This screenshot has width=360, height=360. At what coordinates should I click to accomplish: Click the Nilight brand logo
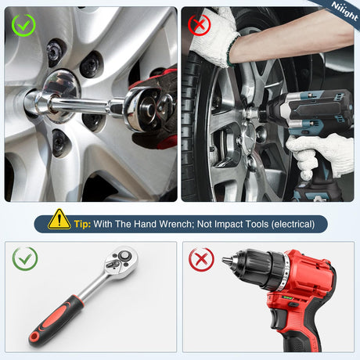344,11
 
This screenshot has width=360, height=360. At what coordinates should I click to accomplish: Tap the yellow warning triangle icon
59,220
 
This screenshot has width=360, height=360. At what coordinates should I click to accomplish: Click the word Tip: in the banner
82,224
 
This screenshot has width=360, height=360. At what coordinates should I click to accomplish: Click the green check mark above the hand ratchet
25,258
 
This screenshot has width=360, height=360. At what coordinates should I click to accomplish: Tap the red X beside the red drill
201,260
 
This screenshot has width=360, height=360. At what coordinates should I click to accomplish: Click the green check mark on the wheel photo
23,25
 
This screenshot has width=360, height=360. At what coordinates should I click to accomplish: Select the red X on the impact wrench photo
200,25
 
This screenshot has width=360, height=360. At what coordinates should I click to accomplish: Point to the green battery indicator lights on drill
288,298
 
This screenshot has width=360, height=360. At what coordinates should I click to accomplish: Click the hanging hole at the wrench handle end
34,337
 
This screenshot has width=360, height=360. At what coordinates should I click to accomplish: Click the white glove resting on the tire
216,37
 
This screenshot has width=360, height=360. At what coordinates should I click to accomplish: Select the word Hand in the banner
145,224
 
